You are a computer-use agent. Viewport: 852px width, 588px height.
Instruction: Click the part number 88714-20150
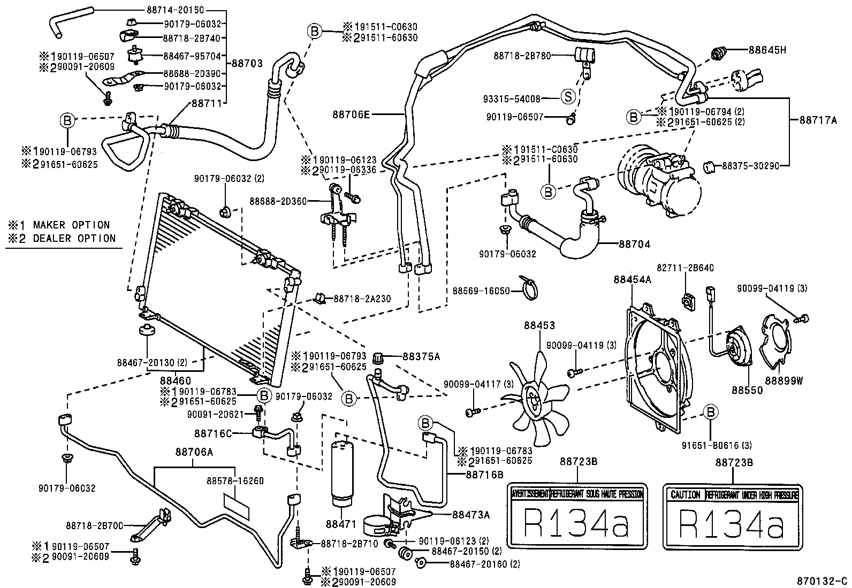pyautogui.click(x=174, y=10)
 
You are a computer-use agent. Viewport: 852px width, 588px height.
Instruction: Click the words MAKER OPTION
pyautogui.click(x=71, y=225)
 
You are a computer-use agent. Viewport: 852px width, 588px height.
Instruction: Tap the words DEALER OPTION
pyautogui.click(x=74, y=239)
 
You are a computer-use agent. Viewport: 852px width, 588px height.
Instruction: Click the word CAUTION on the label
pyautogui.click(x=685, y=494)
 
